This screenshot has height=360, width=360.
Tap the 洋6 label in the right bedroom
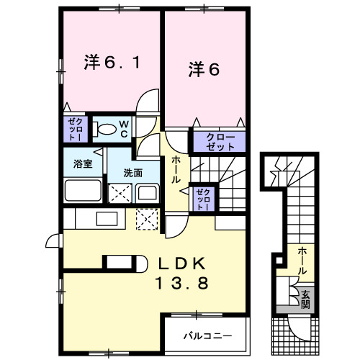(x=204, y=69)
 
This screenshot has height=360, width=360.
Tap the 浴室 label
(x=82, y=163)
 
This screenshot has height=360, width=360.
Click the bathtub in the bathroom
(x=84, y=191)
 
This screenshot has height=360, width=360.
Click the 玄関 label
(x=305, y=297)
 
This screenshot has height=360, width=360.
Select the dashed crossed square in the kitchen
(x=148, y=217)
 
